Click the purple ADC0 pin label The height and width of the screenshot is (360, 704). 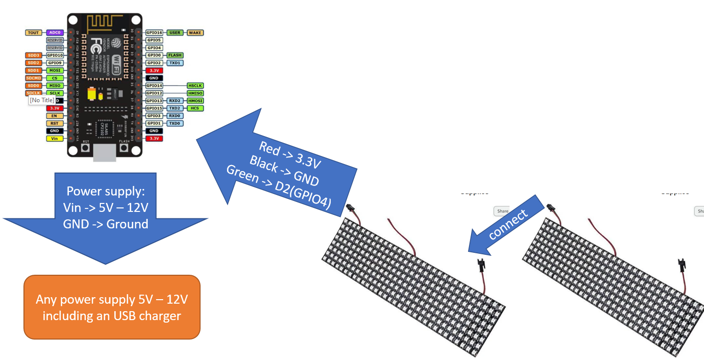tap(54, 32)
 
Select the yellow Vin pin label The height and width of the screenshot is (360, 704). tap(54, 138)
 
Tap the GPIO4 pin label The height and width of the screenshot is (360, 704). tap(154, 48)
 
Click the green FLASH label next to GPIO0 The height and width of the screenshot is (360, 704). tap(175, 55)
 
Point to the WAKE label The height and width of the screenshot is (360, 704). tap(195, 32)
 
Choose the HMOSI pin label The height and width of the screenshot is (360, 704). tap(195, 101)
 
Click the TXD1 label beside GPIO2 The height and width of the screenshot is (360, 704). tap(175, 63)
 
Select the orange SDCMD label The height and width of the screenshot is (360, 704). tap(33, 78)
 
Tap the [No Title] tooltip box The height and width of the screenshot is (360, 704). tap(42, 100)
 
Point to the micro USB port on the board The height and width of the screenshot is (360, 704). tap(105, 153)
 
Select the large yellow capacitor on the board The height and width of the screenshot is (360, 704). tap(92, 95)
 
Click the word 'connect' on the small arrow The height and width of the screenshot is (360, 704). tap(507, 224)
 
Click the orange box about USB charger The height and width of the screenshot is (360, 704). tap(112, 307)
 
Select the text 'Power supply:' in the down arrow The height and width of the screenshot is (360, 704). tap(105, 192)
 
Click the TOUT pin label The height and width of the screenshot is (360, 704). tap(33, 32)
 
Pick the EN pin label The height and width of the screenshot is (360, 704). tap(54, 116)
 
